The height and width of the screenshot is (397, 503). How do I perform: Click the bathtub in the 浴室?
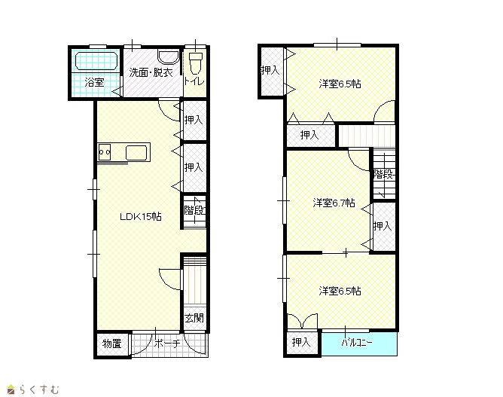[96, 61]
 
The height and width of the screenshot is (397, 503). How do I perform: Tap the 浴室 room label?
[94, 82]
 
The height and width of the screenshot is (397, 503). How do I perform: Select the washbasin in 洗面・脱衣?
[169, 57]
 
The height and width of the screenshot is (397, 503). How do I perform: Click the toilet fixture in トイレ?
[196, 63]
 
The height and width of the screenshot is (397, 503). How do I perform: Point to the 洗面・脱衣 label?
[151, 72]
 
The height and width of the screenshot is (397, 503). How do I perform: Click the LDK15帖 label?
[141, 217]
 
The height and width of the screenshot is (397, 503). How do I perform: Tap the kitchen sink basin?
[136, 152]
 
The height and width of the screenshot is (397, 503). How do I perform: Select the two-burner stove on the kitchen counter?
[105, 152]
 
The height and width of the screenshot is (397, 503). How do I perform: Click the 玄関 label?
[194, 318]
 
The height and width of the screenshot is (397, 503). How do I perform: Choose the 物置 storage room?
[112, 344]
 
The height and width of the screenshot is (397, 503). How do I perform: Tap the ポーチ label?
[167, 344]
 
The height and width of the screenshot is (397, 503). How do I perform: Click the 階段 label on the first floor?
[195, 210]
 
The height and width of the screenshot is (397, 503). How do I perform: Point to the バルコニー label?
[356, 343]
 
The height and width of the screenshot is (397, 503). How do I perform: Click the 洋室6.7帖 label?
[334, 203]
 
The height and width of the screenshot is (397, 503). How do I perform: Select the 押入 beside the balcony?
[302, 343]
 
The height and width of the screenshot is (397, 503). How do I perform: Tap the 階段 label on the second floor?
[384, 174]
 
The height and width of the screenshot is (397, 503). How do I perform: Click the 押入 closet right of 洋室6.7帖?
[383, 227]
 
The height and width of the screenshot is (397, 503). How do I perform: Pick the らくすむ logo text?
[39, 389]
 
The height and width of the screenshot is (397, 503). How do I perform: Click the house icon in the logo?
[11, 389]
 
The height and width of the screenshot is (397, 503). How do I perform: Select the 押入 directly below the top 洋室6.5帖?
[311, 135]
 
